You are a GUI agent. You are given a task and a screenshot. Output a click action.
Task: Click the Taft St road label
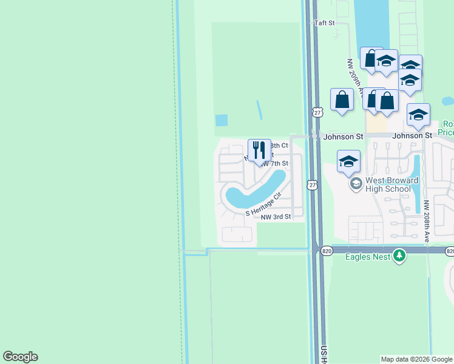tap(325, 23)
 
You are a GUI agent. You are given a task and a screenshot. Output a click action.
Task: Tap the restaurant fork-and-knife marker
tap(259, 150)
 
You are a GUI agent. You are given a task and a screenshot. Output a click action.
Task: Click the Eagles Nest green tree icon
tap(399, 256)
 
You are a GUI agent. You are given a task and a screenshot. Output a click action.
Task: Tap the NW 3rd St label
tap(276, 217)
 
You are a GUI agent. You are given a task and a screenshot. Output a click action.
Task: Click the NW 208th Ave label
tap(427, 221)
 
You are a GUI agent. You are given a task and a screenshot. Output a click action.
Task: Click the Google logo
tap(20, 357)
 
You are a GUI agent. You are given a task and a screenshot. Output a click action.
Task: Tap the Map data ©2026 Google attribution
tap(416, 359)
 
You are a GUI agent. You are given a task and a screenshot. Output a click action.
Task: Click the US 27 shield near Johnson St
tap(317, 112)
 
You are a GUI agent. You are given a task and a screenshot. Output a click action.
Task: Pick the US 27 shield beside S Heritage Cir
tap(312, 184)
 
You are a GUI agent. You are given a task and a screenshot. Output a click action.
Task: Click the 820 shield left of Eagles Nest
tap(326, 251)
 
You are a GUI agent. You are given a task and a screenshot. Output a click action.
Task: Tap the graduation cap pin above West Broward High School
tap(348, 161)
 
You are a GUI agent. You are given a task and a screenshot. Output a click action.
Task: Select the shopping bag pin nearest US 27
tap(342, 99)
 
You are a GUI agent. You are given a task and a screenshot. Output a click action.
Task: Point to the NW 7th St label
tap(274, 164)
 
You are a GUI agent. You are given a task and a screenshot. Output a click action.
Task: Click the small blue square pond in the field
tap(222, 120)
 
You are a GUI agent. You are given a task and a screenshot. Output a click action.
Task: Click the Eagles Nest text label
tap(368, 257)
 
